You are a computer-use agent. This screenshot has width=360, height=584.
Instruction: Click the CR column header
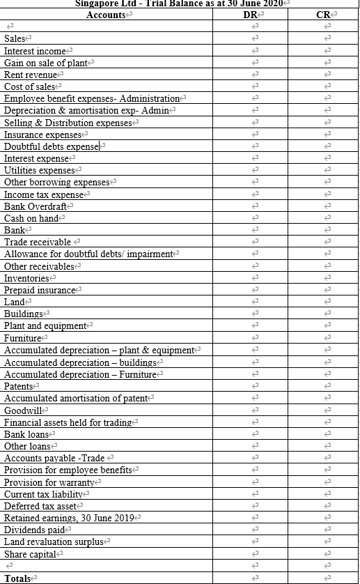pyautogui.click(x=322, y=14)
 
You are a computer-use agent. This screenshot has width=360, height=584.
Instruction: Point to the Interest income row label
pyautogui.click(x=36, y=51)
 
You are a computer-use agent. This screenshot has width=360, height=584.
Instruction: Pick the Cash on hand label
pyautogui.click(x=31, y=218)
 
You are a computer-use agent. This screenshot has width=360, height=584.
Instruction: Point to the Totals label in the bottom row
pyautogui.click(x=17, y=578)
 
